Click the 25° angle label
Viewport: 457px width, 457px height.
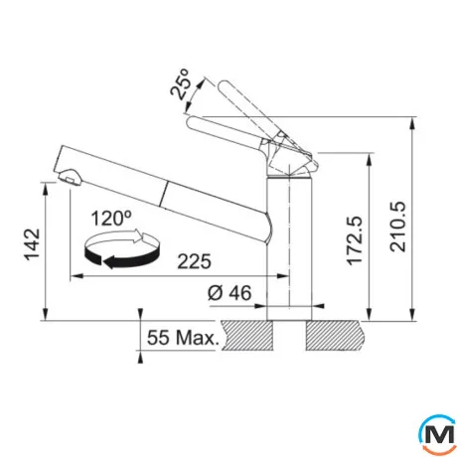coord(180,84)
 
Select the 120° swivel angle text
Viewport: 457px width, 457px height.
coord(111,219)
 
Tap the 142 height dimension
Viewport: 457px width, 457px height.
coord(33,244)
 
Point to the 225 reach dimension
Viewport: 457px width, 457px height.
coord(194,261)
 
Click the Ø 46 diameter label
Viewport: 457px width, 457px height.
coord(229,293)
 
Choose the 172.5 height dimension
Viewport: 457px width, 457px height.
coord(355,240)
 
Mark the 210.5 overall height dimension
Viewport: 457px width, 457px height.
coord(397,227)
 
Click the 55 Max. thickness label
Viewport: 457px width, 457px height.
coord(183,338)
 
